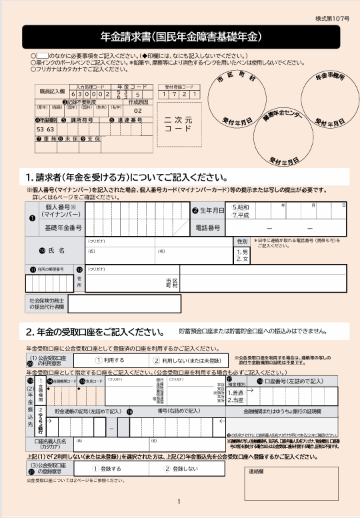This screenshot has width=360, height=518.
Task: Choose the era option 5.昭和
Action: [x=241, y=207]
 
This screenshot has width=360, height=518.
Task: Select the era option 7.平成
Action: [x=241, y=215]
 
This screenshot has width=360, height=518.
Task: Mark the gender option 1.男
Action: [x=242, y=251]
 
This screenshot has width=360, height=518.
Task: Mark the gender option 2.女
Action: [x=242, y=259]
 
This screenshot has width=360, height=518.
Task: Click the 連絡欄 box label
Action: [x=258, y=471]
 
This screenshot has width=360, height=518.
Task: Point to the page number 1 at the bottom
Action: [x=179, y=502]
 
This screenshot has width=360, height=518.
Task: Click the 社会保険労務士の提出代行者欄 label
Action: [x=46, y=304]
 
